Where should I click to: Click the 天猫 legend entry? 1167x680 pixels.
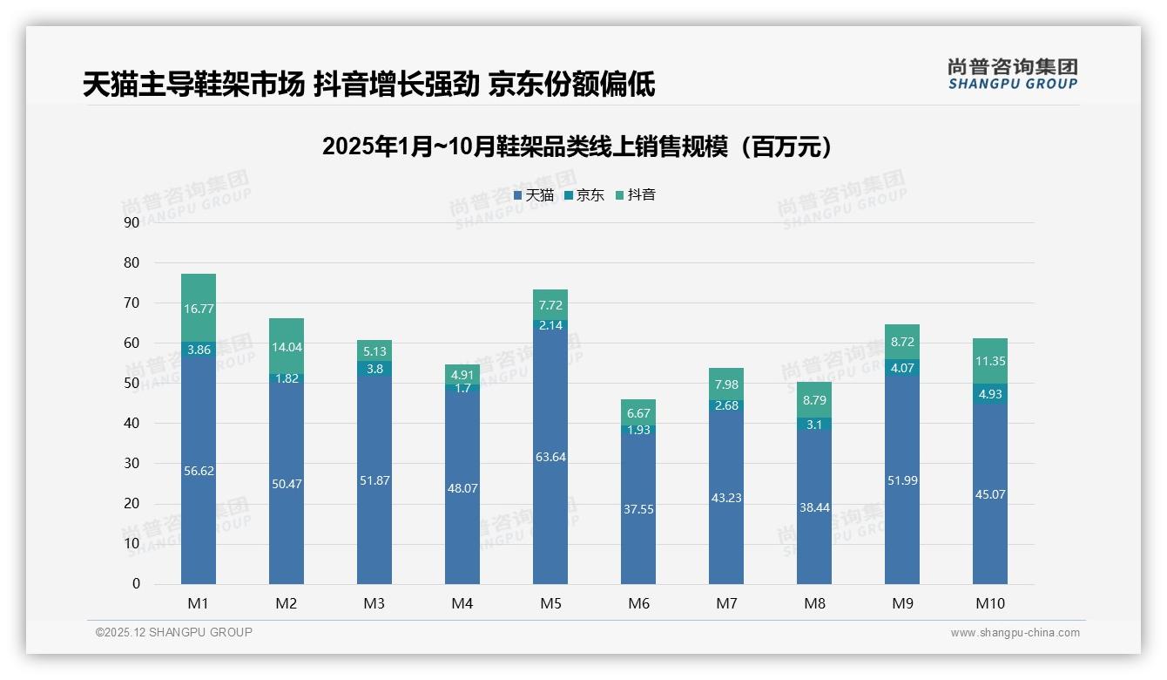534,195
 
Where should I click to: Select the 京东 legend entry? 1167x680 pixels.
584,195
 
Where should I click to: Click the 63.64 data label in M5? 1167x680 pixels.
550,457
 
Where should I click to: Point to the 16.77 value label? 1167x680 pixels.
199,309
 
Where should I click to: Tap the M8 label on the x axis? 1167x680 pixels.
814,603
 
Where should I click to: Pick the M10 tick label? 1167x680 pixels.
990,603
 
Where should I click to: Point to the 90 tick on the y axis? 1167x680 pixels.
132,222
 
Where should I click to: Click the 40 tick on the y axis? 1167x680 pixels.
132,423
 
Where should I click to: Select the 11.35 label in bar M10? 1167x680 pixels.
990,362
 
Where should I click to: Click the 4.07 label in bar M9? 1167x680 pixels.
902,368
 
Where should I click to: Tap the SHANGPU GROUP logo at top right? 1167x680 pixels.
1012,74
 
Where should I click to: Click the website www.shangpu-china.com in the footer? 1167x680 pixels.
1015,633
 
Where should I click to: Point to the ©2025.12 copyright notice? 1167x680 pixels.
174,633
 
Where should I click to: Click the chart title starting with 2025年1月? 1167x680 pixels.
577,146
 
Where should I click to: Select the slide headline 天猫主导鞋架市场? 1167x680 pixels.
368,85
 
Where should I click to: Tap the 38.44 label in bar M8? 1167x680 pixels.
814,507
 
